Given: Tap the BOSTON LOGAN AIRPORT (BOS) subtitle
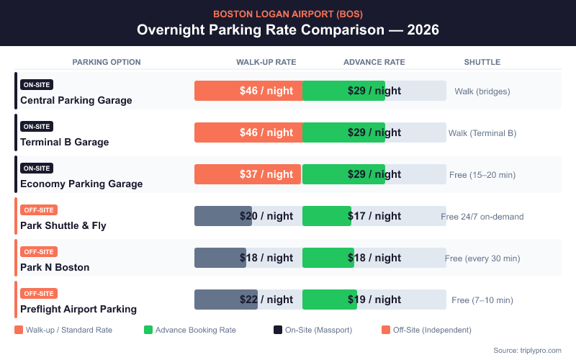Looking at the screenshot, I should (288, 14).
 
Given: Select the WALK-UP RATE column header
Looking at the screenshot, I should (266, 62).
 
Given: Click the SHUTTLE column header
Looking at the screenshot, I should (482, 62).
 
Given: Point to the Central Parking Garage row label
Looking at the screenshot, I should (76, 100).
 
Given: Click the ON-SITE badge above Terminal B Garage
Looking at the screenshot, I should (37, 126).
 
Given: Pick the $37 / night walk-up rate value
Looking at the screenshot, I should (266, 174).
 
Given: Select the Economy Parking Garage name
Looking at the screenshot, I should (81, 184).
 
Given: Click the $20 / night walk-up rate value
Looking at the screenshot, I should (266, 216).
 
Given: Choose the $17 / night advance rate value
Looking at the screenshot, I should (374, 216).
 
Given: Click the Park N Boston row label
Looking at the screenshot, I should (55, 267).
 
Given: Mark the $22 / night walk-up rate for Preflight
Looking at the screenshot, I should (266, 300).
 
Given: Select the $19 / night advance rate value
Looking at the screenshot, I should (374, 300).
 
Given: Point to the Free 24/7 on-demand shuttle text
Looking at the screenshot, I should (482, 217).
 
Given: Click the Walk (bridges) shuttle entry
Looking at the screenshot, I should (482, 91).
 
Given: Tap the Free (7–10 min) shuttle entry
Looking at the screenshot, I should (482, 300).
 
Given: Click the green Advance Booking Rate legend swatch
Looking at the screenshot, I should (148, 330).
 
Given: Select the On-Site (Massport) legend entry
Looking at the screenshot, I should (317, 330).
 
